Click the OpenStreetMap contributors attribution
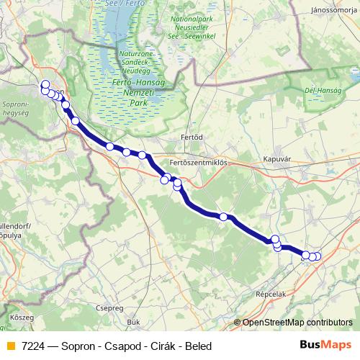(x=297, y=323)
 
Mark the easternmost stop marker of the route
(x=318, y=256)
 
